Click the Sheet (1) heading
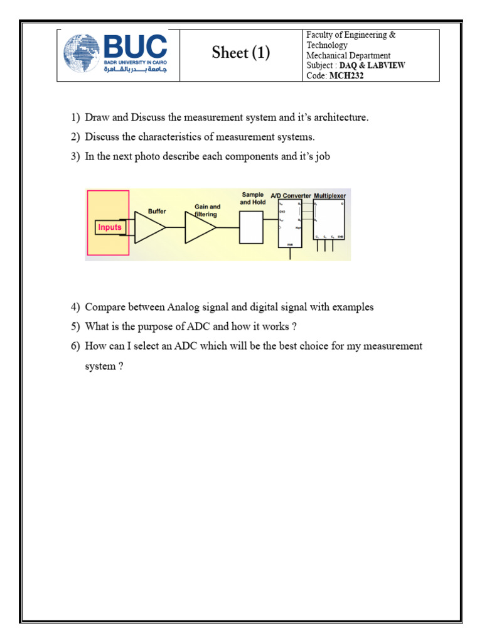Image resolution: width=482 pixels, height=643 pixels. (241, 53)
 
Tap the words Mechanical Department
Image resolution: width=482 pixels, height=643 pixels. (348, 55)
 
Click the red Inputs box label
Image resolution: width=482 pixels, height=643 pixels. (109, 227)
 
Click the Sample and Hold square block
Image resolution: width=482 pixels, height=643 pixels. (252, 227)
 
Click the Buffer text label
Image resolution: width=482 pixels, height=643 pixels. (157, 212)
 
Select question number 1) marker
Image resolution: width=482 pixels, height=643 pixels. (75, 118)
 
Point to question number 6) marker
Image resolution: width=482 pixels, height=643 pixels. (75, 346)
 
